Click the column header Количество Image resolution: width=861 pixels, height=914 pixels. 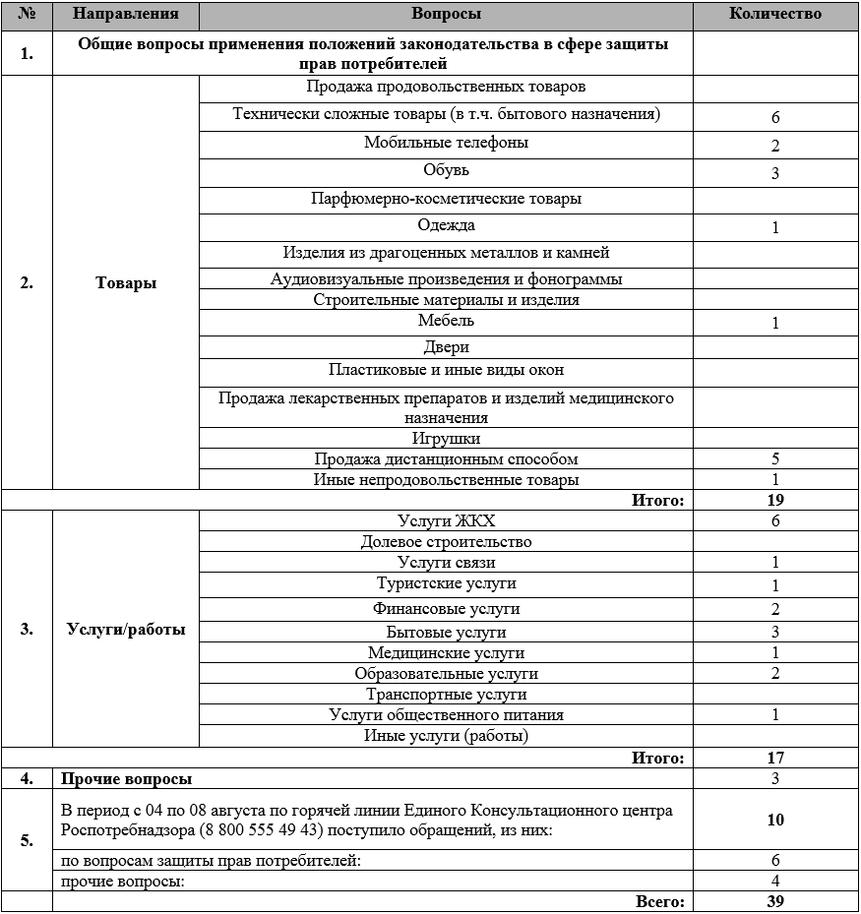point(775,14)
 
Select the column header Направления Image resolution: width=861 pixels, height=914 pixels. point(125,14)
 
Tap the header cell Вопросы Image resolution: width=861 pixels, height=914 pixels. point(446,14)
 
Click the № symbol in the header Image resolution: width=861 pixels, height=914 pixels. point(27,14)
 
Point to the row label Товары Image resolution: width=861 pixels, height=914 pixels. point(126,282)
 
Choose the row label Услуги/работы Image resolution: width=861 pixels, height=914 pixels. point(126,630)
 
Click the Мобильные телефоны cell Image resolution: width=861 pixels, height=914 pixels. point(446,143)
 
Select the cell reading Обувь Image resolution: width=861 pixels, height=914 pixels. point(446,170)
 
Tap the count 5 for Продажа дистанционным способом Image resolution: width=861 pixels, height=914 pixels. point(775,458)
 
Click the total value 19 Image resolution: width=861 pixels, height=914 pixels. point(775,500)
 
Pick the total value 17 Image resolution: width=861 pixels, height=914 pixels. point(775,758)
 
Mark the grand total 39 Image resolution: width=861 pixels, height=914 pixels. point(775,901)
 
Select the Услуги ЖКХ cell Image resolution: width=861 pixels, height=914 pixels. point(446,520)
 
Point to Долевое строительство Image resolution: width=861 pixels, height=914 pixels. point(446,541)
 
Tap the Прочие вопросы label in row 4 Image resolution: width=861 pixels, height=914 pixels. point(126,778)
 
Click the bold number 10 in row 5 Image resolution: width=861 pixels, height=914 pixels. point(775,820)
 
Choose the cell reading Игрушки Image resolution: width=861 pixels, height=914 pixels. point(446,438)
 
